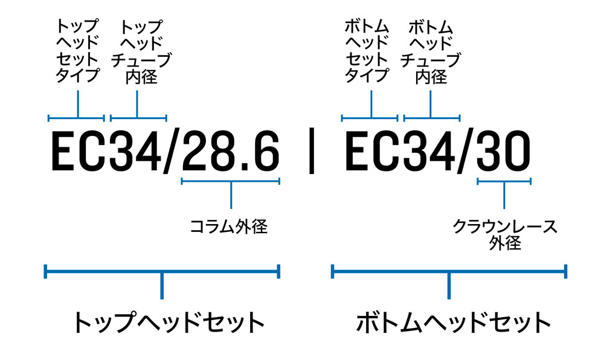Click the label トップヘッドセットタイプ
coord(77,51)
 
